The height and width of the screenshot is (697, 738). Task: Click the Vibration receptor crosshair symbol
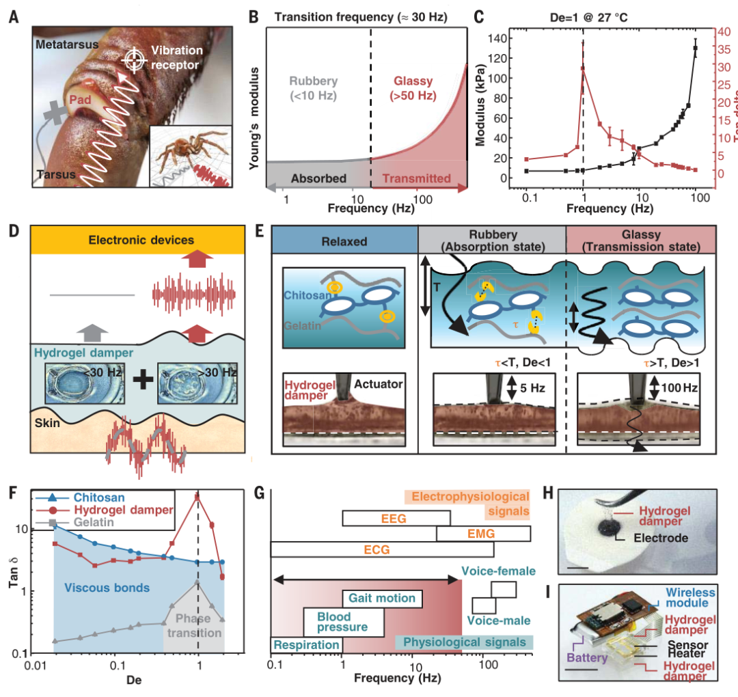click(x=134, y=60)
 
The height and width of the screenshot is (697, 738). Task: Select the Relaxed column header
click(x=344, y=241)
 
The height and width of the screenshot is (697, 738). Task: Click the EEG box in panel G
click(x=396, y=519)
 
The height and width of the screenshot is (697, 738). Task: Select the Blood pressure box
click(x=342, y=620)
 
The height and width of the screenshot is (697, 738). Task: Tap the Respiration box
click(x=306, y=644)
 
